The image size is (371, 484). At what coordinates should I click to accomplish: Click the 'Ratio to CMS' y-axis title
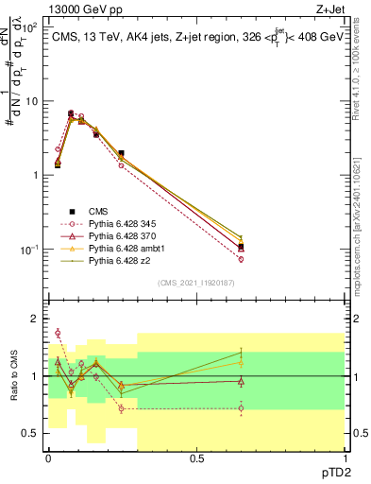[12, 375]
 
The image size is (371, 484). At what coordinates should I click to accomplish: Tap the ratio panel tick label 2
[36, 319]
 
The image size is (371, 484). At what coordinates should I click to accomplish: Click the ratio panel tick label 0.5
[32, 433]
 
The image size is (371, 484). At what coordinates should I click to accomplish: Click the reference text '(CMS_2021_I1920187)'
[195, 283]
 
